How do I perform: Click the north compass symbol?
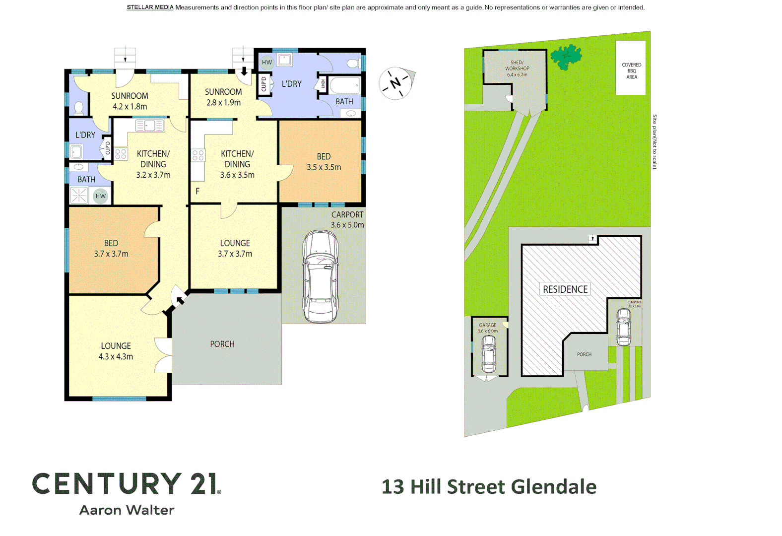click(x=395, y=83)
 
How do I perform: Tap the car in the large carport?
click(x=321, y=276)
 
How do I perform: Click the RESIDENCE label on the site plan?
click(x=565, y=289)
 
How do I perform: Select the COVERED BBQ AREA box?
click(x=631, y=68)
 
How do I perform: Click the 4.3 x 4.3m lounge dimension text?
click(x=116, y=357)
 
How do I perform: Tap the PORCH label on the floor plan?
click(x=222, y=344)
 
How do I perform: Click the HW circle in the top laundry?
click(x=267, y=63)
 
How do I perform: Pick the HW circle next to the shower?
click(x=101, y=196)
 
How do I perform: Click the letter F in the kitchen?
click(x=197, y=191)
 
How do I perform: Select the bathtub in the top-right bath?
click(x=344, y=85)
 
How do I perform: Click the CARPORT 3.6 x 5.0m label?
click(x=347, y=219)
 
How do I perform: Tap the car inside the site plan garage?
click(x=489, y=353)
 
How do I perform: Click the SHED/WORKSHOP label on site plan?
click(x=517, y=68)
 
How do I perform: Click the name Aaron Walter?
click(x=127, y=510)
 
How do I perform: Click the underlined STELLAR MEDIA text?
click(x=150, y=7)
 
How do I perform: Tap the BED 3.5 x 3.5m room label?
click(x=324, y=162)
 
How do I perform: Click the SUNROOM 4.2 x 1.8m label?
click(x=130, y=101)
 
